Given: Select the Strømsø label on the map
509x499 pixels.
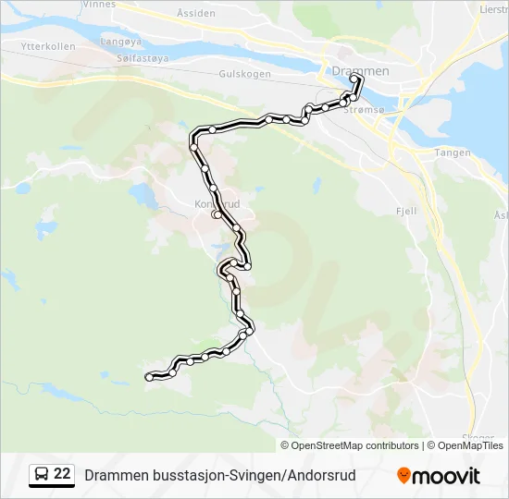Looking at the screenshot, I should pos(363,109).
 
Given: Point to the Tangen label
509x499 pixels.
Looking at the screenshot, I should pos(453,153).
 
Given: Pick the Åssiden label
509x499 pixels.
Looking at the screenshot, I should pos(195,14).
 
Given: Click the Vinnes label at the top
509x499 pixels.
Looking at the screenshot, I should pos(99,5).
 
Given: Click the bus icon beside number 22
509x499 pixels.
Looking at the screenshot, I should pos(43,474).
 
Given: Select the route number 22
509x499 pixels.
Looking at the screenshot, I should pos(63,474).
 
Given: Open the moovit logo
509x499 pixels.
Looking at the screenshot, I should pos(439,475).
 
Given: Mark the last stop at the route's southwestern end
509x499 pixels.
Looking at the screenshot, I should pos(149,376).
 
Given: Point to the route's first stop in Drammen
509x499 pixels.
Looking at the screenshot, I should pos(357,79).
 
